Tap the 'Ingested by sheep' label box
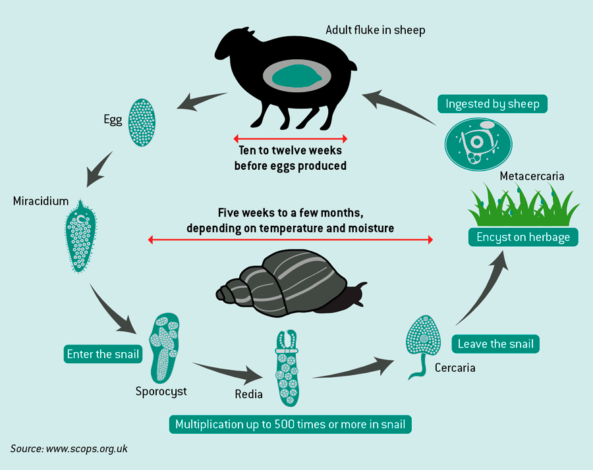(x=492, y=104)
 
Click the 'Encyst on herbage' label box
(x=523, y=237)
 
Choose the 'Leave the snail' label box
(x=495, y=344)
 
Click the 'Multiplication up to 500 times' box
(x=291, y=425)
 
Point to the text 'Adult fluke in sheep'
(x=376, y=30)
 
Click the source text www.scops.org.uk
(x=69, y=448)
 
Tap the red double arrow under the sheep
(x=290, y=139)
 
